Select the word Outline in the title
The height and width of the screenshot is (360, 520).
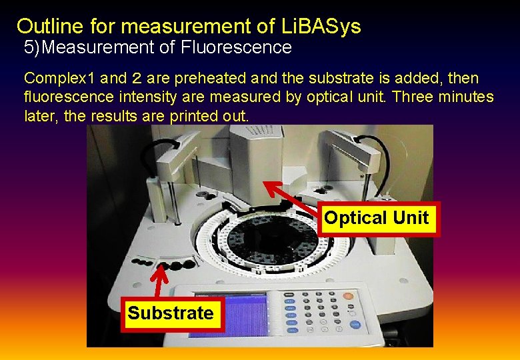coord(45,26)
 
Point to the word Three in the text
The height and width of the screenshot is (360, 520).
coord(413,97)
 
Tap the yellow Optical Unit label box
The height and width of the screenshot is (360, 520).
coord(377,218)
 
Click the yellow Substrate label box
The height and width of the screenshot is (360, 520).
coord(171,313)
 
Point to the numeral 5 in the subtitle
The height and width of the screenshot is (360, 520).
coord(29,47)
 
